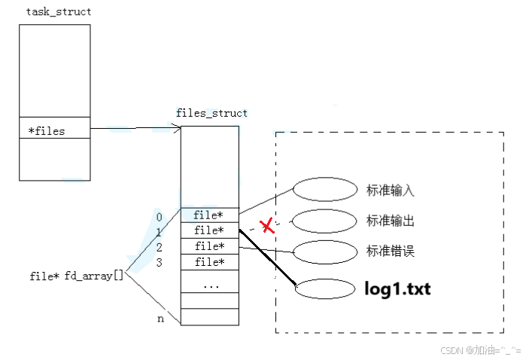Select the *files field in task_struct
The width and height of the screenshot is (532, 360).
(47, 131)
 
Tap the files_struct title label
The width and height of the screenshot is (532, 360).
(211, 113)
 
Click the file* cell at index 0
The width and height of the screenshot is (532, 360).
(209, 215)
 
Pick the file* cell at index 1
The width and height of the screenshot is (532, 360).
(209, 230)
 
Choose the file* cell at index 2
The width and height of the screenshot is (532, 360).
(209, 246)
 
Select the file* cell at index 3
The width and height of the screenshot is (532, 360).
(209, 262)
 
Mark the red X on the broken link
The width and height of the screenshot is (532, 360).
(266, 224)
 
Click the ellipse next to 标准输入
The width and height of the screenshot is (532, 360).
(324, 190)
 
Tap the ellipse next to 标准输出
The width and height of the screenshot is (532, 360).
(324, 221)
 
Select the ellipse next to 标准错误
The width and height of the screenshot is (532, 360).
(324, 252)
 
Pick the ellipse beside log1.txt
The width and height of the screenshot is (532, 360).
(325, 289)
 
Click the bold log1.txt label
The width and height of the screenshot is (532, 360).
(397, 288)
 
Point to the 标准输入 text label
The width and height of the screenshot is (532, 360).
(390, 191)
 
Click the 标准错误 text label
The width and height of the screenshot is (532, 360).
(390, 252)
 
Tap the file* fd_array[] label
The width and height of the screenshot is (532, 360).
(76, 276)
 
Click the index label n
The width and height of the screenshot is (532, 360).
(160, 319)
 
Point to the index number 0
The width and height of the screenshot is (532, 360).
(159, 218)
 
